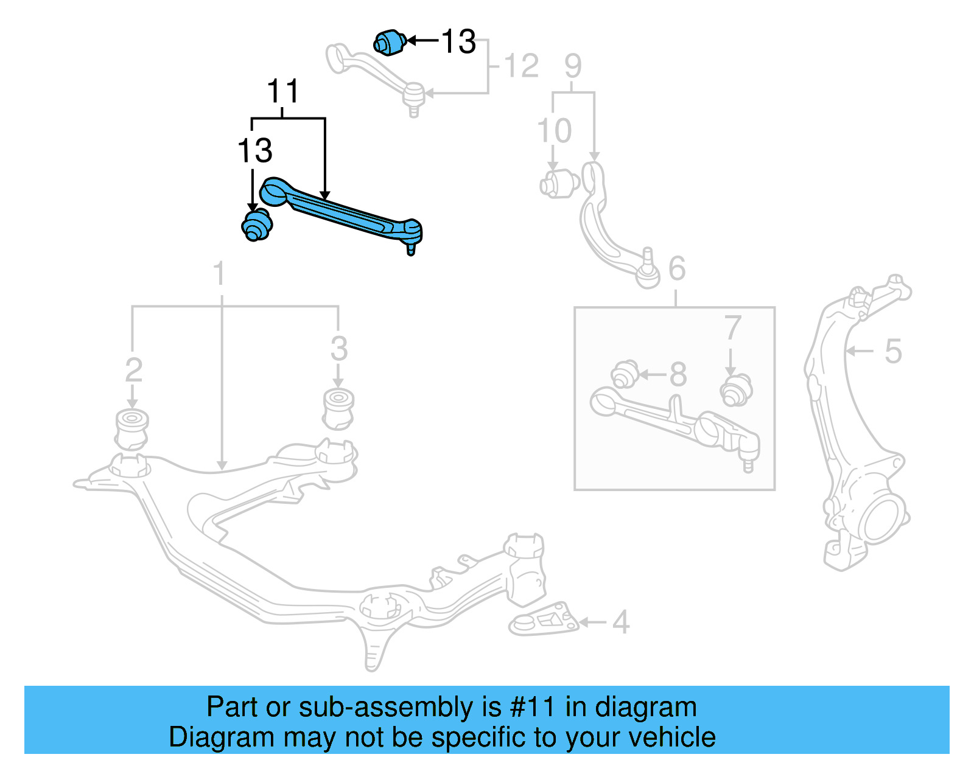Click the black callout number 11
click(x=283, y=92)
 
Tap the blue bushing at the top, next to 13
click(x=390, y=42)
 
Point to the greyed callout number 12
click(x=521, y=66)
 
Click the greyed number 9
click(x=573, y=66)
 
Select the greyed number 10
click(x=554, y=131)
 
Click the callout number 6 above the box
click(x=677, y=268)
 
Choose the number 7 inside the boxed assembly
click(x=732, y=329)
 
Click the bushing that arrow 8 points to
click(x=624, y=374)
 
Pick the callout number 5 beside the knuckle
click(x=892, y=351)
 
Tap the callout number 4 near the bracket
click(x=620, y=622)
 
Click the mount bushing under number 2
click(x=131, y=429)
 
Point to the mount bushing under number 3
click(x=338, y=408)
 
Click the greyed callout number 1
click(x=219, y=274)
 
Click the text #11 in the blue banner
click(x=532, y=707)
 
